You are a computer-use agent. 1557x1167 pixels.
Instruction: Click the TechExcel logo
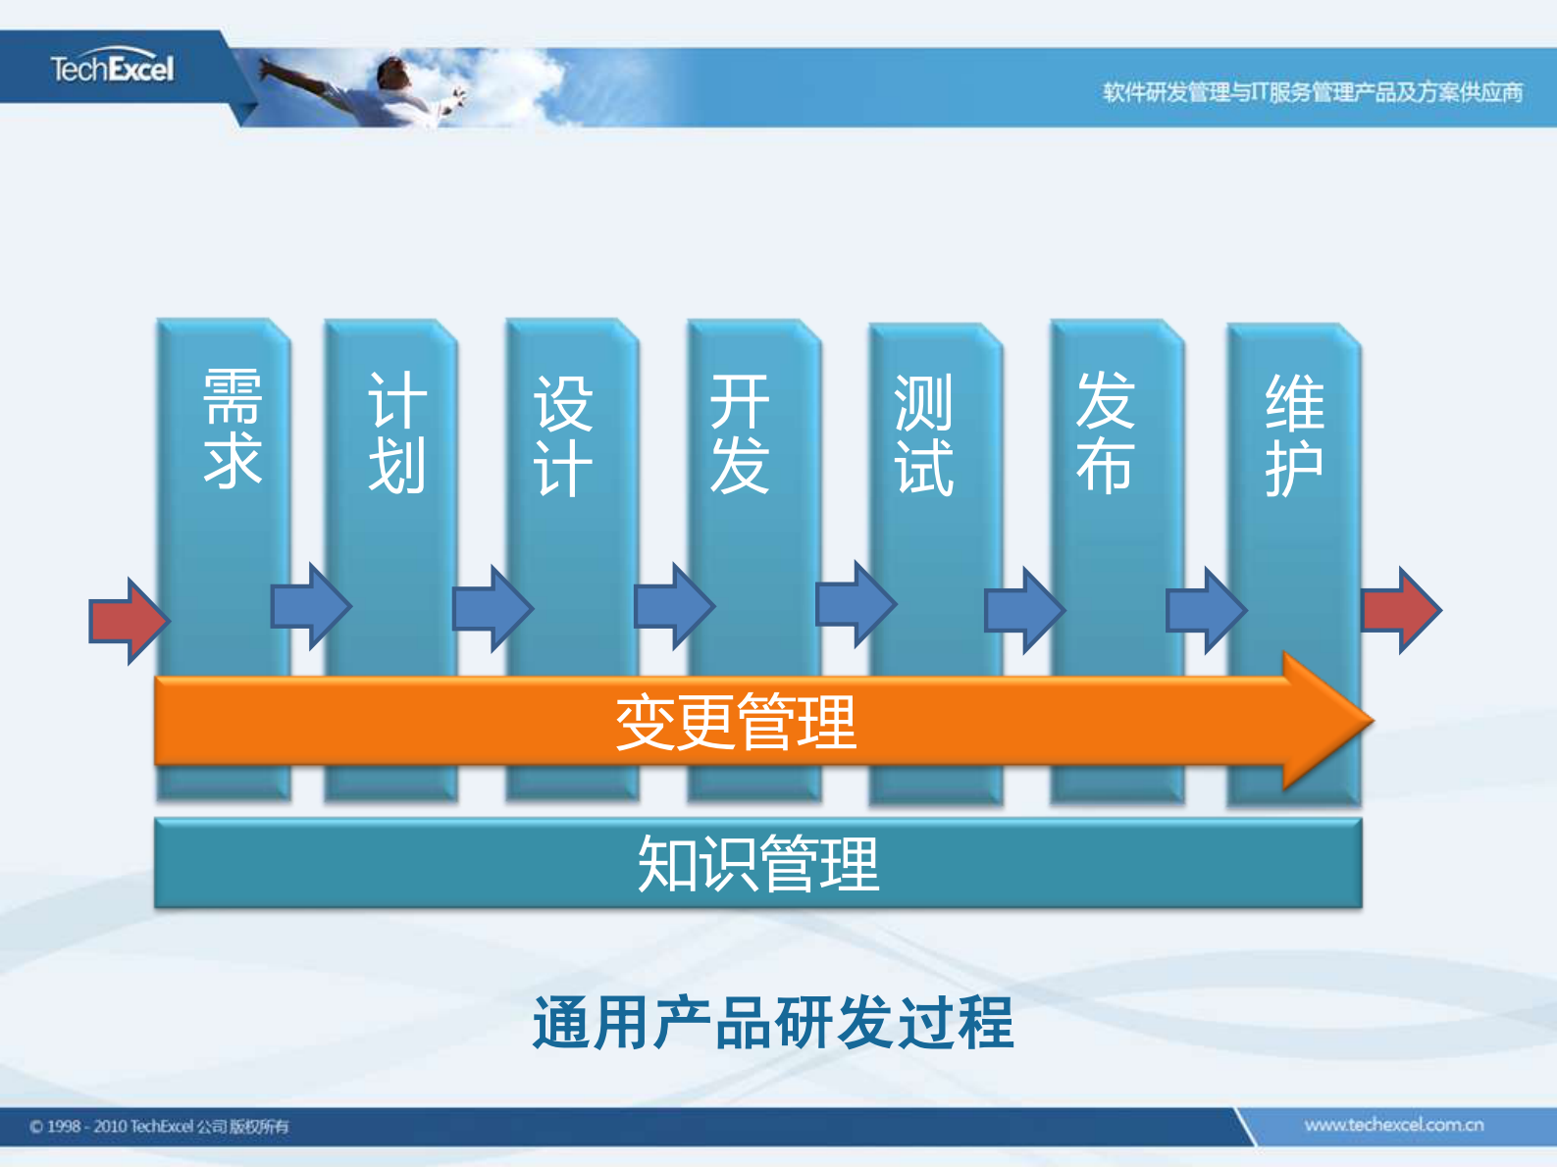click(112, 69)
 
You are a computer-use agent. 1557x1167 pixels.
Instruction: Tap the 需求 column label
click(233, 429)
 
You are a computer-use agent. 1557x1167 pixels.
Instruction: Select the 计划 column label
click(396, 432)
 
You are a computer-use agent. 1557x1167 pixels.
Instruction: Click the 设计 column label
click(563, 435)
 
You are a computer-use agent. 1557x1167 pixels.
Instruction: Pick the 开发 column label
click(740, 432)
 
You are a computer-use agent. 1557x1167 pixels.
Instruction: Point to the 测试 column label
click(923, 435)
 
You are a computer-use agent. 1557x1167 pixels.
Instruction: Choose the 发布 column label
click(1105, 431)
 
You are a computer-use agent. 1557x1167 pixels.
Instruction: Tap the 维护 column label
click(1294, 435)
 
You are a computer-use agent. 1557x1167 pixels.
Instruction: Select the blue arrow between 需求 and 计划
click(310, 606)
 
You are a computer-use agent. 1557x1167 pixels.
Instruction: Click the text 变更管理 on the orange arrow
click(736, 722)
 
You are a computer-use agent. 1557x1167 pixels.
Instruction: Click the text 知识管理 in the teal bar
click(757, 864)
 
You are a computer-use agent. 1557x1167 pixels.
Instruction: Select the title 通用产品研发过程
click(772, 1023)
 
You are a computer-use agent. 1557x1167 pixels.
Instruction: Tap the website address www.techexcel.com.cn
click(1393, 1125)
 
